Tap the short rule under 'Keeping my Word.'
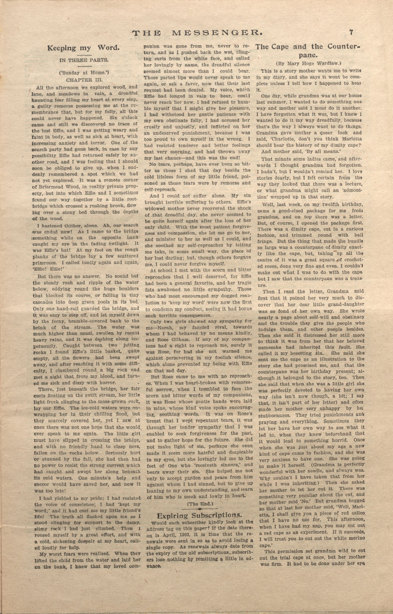[x=84, y=55]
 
